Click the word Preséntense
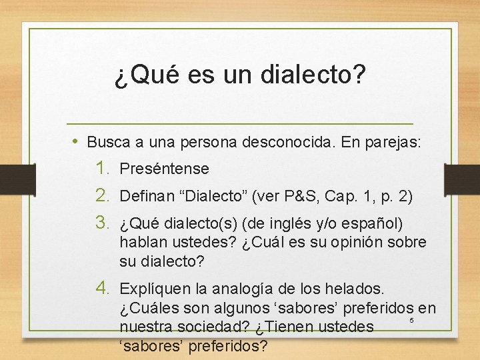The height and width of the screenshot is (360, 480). (165, 169)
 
